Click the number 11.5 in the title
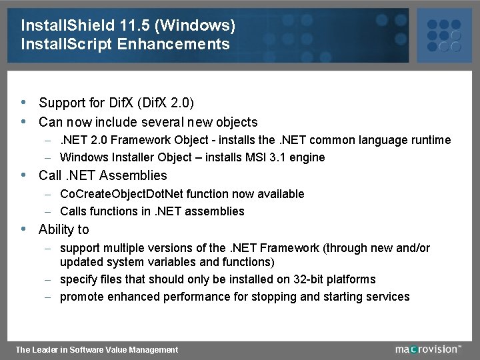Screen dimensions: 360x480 point(136,26)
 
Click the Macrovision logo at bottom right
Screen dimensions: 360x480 point(427,349)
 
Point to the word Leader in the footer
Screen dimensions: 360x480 point(45,349)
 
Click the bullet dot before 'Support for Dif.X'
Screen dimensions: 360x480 point(24,103)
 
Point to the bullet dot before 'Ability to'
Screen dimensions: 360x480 point(24,229)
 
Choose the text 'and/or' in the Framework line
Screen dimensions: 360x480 point(413,248)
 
